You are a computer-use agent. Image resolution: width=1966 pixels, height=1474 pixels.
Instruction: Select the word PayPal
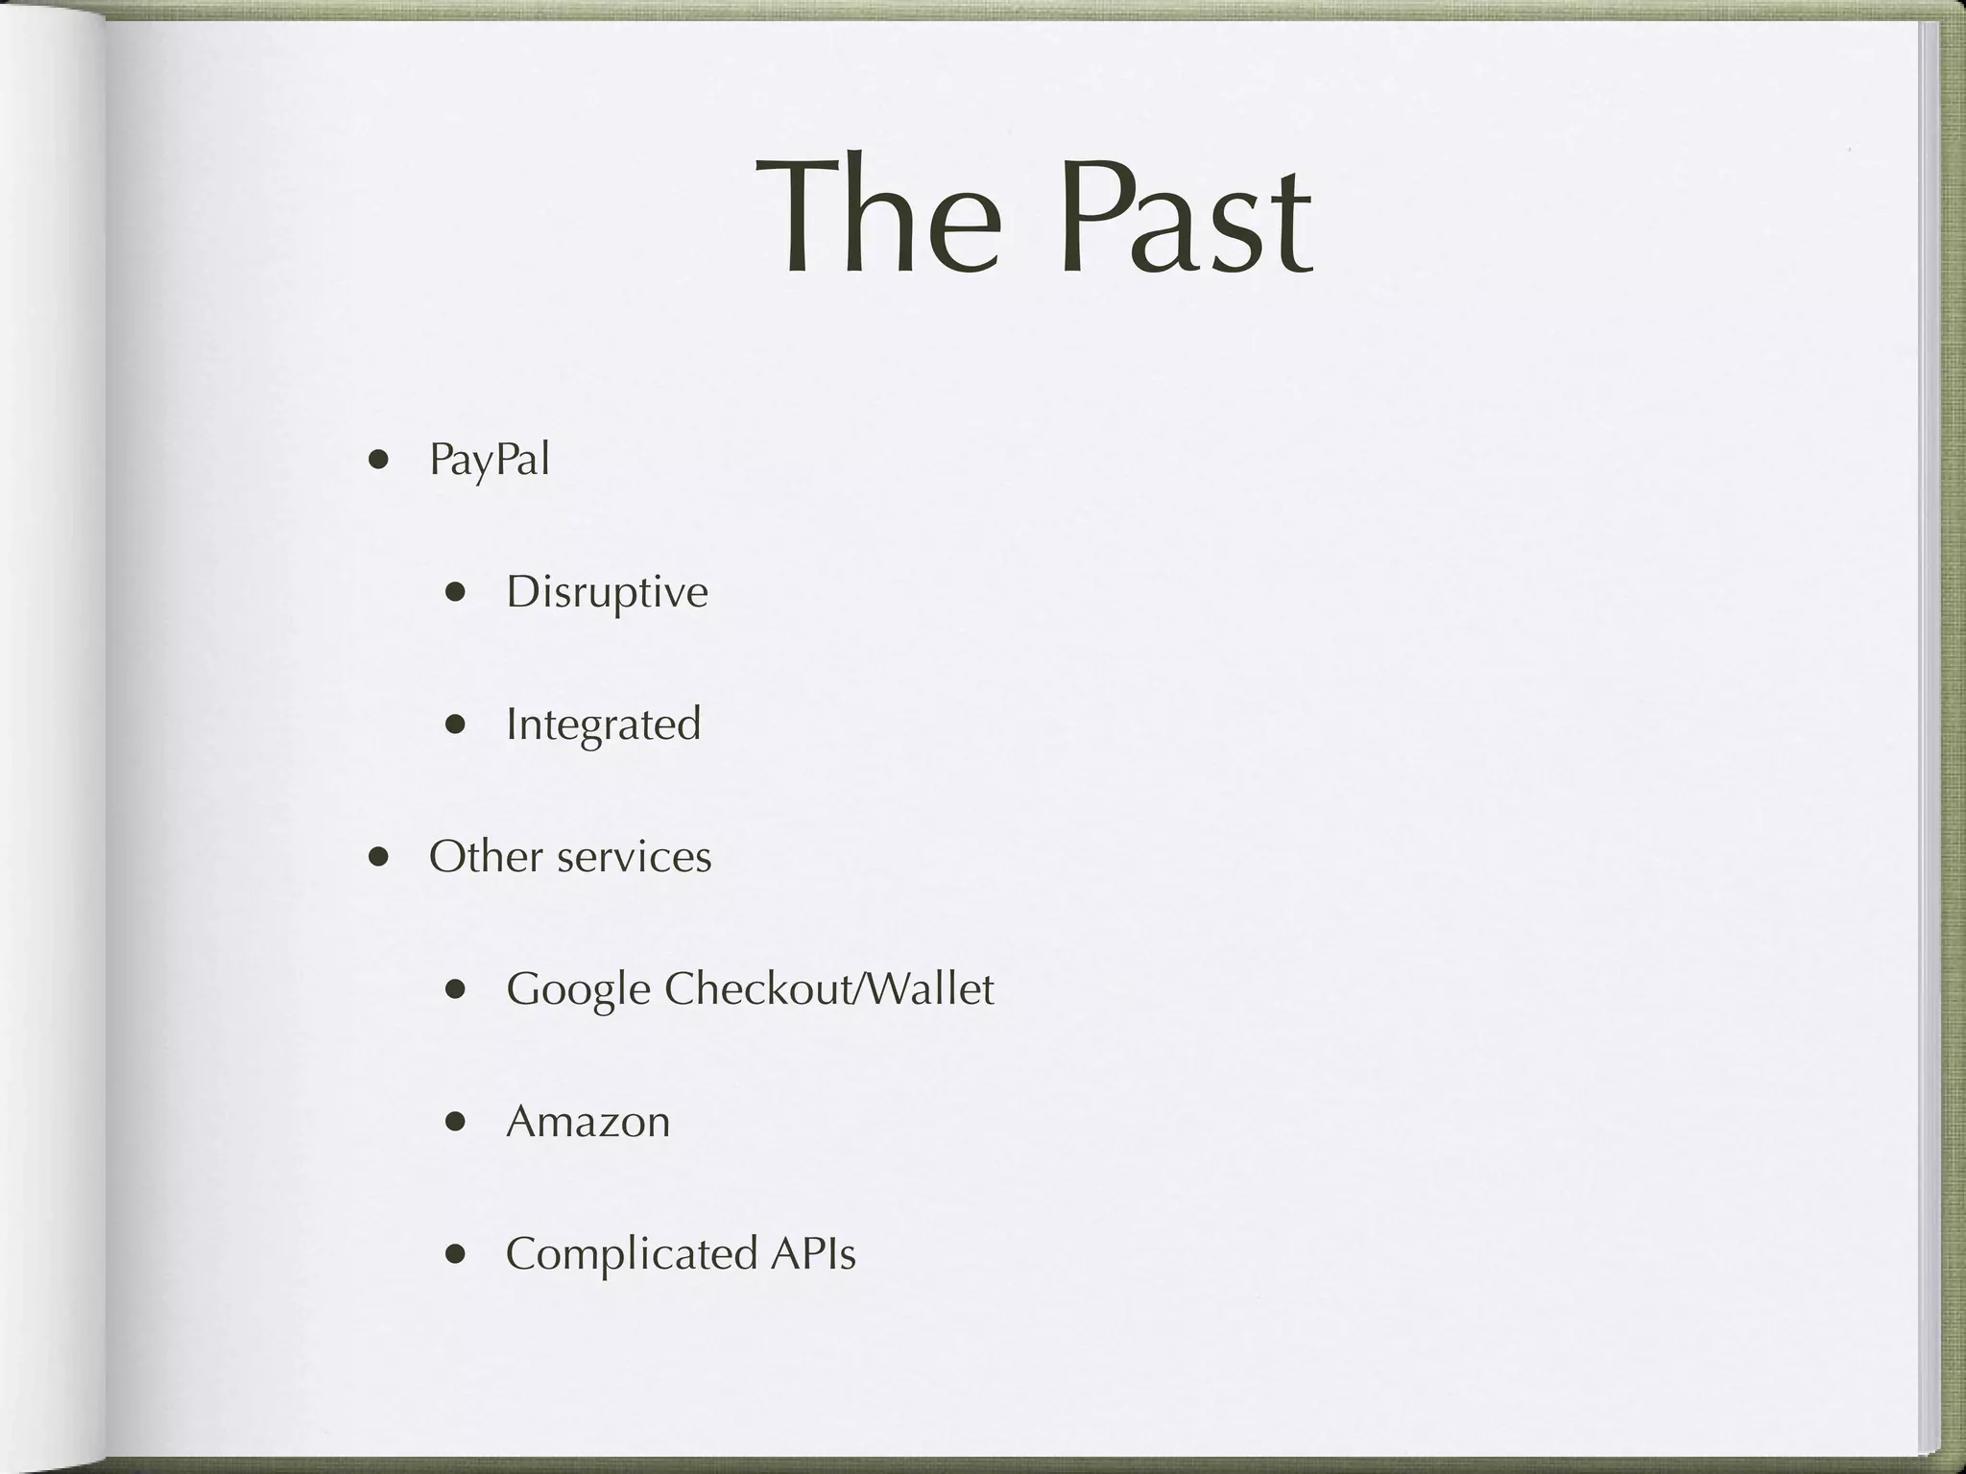pos(490,460)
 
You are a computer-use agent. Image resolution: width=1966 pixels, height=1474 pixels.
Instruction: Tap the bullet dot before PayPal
pos(379,460)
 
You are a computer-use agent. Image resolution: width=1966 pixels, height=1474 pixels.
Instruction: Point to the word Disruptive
pos(607,592)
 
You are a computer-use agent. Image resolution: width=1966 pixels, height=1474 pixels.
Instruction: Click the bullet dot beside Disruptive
pos(456,592)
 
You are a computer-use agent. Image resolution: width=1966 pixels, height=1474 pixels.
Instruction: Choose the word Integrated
pos(603,725)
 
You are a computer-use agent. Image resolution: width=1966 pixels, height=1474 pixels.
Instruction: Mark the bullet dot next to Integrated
pos(456,725)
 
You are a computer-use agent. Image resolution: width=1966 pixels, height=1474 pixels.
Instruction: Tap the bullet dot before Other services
pos(379,856)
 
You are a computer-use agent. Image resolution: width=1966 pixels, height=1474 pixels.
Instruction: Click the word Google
pos(578,989)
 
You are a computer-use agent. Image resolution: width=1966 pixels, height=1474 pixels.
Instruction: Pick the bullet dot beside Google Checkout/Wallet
pos(456,989)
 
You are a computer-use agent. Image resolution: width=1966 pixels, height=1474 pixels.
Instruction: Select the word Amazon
pos(587,1121)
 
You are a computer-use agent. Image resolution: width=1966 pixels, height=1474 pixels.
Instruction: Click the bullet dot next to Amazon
pos(456,1121)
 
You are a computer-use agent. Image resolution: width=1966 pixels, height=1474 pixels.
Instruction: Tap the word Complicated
pos(631,1253)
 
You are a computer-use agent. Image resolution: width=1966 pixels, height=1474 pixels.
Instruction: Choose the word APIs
pos(812,1253)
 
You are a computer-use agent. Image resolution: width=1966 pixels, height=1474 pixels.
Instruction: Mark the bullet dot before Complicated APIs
pos(456,1253)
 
